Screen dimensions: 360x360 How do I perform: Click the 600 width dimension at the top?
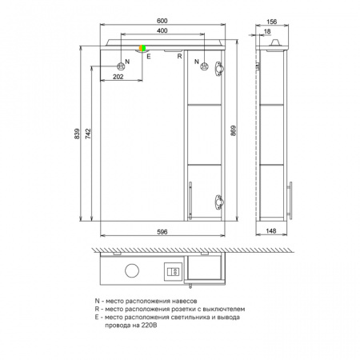[x=162, y=21]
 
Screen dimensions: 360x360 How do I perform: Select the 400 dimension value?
[x=162, y=30]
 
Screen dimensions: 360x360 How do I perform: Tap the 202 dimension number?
[x=118, y=77]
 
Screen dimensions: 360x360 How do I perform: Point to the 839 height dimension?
[x=77, y=134]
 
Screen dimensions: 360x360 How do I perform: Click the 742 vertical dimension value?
[x=88, y=134]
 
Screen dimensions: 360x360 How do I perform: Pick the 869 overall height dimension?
[x=233, y=130]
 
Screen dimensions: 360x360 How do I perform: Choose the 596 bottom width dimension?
[x=162, y=232]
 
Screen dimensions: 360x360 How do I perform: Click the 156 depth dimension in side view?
[x=272, y=22]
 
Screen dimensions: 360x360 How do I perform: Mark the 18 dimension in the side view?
[x=267, y=31]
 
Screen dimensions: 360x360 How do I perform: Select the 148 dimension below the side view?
[x=271, y=231]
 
